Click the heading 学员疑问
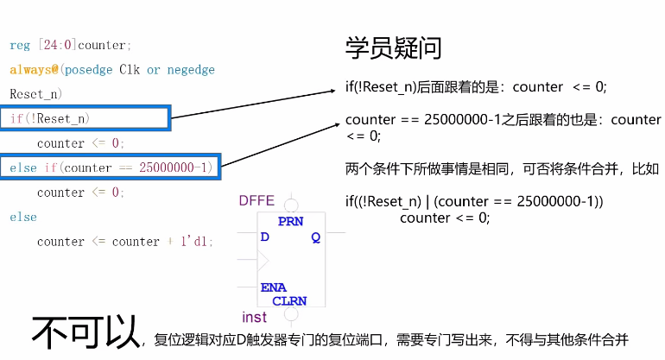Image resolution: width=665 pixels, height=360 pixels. pyautogui.click(x=393, y=47)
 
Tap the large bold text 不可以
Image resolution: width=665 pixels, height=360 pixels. pyautogui.click(x=86, y=333)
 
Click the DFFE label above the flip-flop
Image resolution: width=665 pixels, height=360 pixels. pyautogui.click(x=256, y=201)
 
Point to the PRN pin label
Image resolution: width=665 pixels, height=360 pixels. pyautogui.click(x=290, y=222)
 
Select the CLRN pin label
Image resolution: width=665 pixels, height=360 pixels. pyautogui.click(x=289, y=300)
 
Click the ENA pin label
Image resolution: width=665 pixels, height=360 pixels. pyautogui.click(x=273, y=287)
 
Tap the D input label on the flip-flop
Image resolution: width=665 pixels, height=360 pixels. pyautogui.click(x=265, y=237)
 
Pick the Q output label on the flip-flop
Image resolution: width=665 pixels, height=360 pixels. pyautogui.click(x=316, y=237)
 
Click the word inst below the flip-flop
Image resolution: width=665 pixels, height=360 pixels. pyautogui.click(x=255, y=317)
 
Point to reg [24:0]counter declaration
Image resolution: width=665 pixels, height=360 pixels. pyautogui.click(x=70, y=45)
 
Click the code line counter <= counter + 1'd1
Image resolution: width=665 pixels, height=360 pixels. pyautogui.click(x=124, y=242)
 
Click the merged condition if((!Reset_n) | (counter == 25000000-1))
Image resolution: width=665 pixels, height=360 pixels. pyautogui.click(x=474, y=201)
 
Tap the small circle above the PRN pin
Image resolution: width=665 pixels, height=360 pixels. pyautogui.click(x=291, y=205)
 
